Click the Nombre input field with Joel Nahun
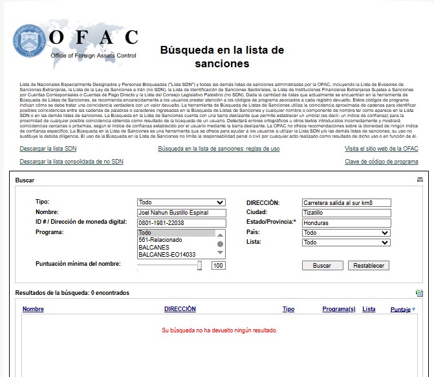pyautogui.click(x=182, y=213)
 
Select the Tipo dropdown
pyautogui.click(x=182, y=202)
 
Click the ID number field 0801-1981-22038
pyautogui.click(x=182, y=223)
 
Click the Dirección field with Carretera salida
pyautogui.click(x=346, y=202)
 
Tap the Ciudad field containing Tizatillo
pyautogui.click(x=346, y=213)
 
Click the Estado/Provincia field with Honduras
pyautogui.click(x=346, y=223)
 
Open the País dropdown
pyautogui.click(x=346, y=233)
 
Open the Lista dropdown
pyautogui.click(x=346, y=242)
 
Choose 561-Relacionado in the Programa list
pyautogui.click(x=160, y=240)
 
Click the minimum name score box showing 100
pyautogui.click(x=218, y=266)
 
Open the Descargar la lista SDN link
pyautogui.click(x=49, y=149)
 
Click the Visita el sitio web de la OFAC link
pyautogui.click(x=381, y=149)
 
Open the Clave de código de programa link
pyautogui.click(x=381, y=162)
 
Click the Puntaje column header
pyautogui.click(x=400, y=310)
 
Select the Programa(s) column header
pyautogui.click(x=338, y=309)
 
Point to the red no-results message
pyautogui.click(x=219, y=330)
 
